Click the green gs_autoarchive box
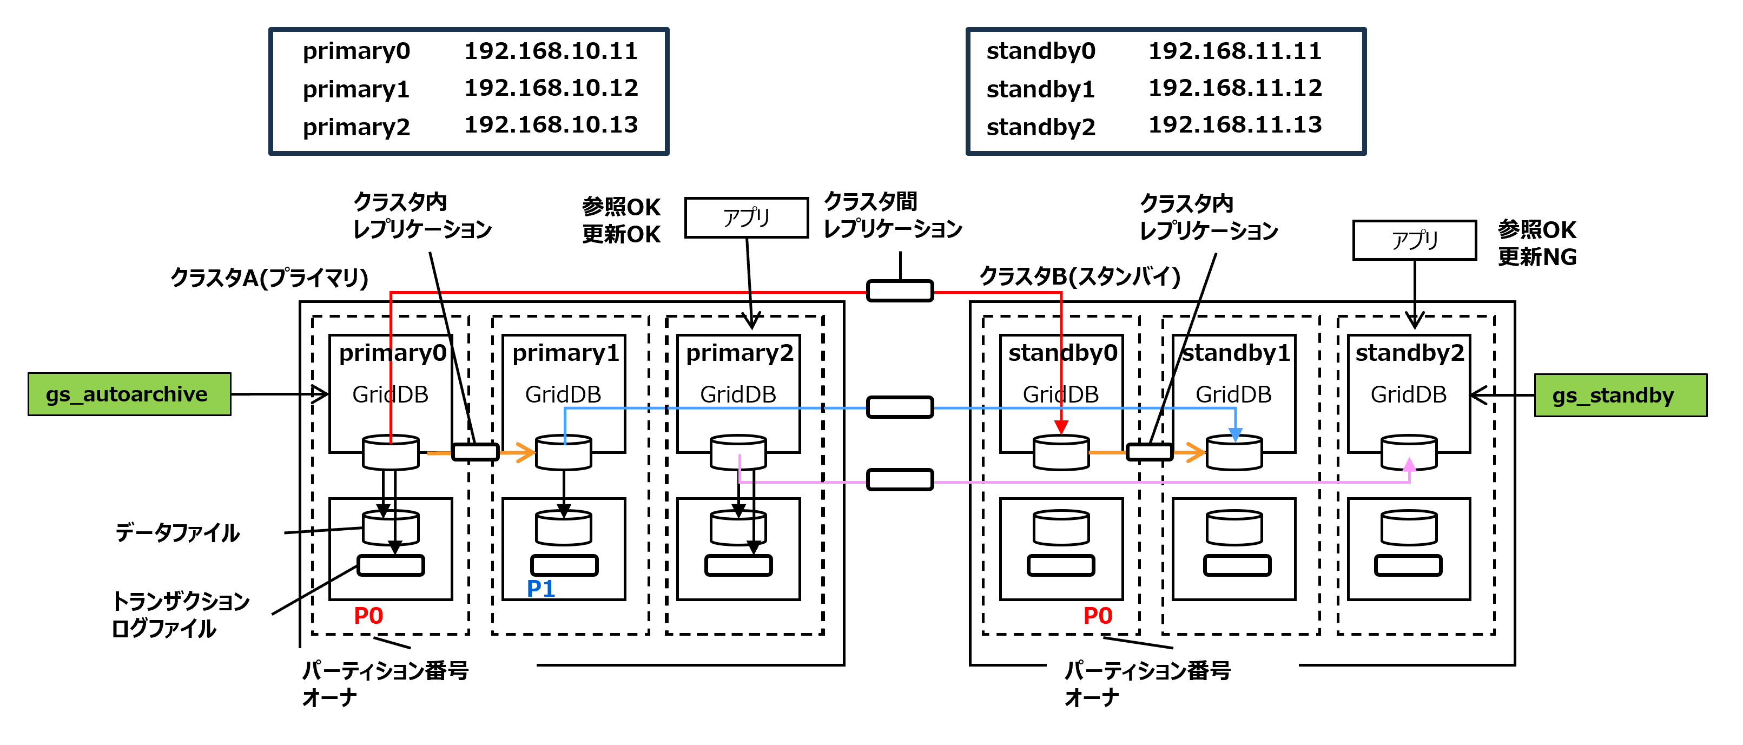point(129,394)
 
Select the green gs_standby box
point(1619,395)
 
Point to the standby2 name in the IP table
point(1040,127)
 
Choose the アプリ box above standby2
point(1414,240)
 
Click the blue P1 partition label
point(540,589)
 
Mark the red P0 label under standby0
point(1097,616)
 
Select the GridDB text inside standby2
point(1408,394)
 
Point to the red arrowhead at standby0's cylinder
point(1061,427)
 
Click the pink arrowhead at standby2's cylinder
point(1409,465)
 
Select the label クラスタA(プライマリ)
point(269,278)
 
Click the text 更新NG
point(1537,257)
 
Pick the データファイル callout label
point(177,532)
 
